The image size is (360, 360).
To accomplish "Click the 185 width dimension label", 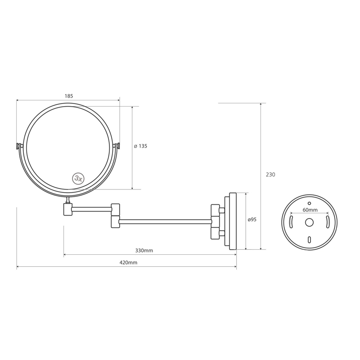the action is pyautogui.click(x=69, y=96).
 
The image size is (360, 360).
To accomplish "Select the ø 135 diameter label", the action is pyautogui.click(x=140, y=146).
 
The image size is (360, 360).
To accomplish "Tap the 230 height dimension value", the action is pyautogui.click(x=270, y=175).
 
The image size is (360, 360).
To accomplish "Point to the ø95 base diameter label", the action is pyautogui.click(x=252, y=220).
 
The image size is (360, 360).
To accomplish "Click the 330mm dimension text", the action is pyautogui.click(x=144, y=251).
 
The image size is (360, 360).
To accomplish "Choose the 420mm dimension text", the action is pyautogui.click(x=128, y=262).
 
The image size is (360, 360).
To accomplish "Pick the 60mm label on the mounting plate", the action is pyautogui.click(x=310, y=210).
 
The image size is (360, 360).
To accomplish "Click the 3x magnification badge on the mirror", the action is pyautogui.click(x=78, y=178).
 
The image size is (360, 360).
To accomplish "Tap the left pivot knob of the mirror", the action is pyautogui.click(x=19, y=146).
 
